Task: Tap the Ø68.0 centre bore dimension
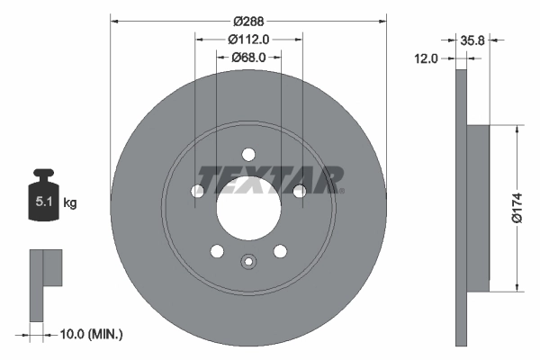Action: click(x=247, y=58)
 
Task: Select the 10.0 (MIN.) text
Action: click(x=91, y=335)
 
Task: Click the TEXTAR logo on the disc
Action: click(x=269, y=180)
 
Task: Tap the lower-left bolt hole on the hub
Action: click(x=217, y=249)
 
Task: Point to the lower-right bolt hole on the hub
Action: click(x=280, y=249)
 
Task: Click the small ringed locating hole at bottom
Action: click(x=248, y=262)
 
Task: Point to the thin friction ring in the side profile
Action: click(x=463, y=207)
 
